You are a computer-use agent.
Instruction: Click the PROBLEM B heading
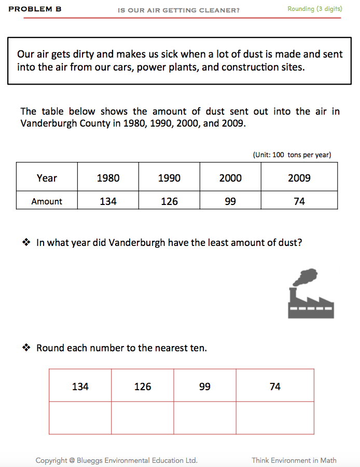click(x=35, y=9)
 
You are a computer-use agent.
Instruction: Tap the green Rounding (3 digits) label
click(x=315, y=9)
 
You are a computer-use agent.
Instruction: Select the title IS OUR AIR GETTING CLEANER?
click(x=179, y=9)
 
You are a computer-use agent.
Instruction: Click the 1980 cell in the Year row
click(x=108, y=178)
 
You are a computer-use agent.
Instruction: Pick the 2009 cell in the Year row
click(x=299, y=178)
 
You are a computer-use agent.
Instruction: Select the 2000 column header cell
click(x=230, y=178)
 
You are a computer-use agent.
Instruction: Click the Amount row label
click(x=47, y=201)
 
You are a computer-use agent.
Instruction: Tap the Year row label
click(x=47, y=178)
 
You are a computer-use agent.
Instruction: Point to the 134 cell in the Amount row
click(x=108, y=201)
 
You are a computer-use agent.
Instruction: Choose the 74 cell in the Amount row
click(x=299, y=201)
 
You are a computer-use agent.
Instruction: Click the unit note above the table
click(x=292, y=155)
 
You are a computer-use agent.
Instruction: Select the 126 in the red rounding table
click(x=143, y=386)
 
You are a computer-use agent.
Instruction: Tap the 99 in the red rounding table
click(x=205, y=386)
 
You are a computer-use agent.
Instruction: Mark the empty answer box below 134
click(x=80, y=418)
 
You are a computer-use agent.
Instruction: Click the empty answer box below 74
click(x=275, y=418)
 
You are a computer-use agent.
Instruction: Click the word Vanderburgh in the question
click(x=137, y=242)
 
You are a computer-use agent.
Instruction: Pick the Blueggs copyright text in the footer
click(x=116, y=460)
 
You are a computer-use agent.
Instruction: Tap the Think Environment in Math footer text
click(x=294, y=460)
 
